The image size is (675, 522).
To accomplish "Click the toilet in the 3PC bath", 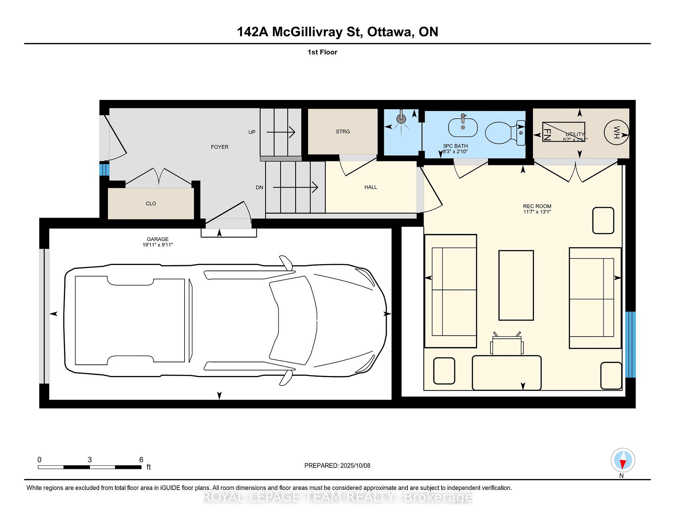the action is (x=505, y=133).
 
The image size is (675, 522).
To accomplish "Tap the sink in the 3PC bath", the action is (x=463, y=127).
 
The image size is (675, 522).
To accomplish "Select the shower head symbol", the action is (x=401, y=119).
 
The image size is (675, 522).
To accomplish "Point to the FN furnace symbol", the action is (x=564, y=132).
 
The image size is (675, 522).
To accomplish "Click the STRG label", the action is (x=343, y=132).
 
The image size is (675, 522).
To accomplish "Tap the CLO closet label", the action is (x=151, y=204).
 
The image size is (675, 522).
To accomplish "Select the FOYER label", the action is (x=220, y=147).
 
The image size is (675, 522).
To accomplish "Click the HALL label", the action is (x=371, y=187).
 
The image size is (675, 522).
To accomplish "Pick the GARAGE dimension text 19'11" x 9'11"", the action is (x=157, y=245).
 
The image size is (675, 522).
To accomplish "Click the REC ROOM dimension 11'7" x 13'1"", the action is (x=537, y=212).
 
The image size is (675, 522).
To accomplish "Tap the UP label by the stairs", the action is (x=252, y=132).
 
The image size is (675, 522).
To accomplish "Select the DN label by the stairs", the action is (x=259, y=187).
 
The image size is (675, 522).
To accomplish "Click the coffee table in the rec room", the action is (x=516, y=285).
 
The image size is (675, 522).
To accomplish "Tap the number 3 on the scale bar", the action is (x=90, y=460).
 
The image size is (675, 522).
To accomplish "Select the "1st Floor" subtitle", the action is (x=322, y=52).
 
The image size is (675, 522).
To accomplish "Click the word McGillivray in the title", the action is (x=307, y=32).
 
